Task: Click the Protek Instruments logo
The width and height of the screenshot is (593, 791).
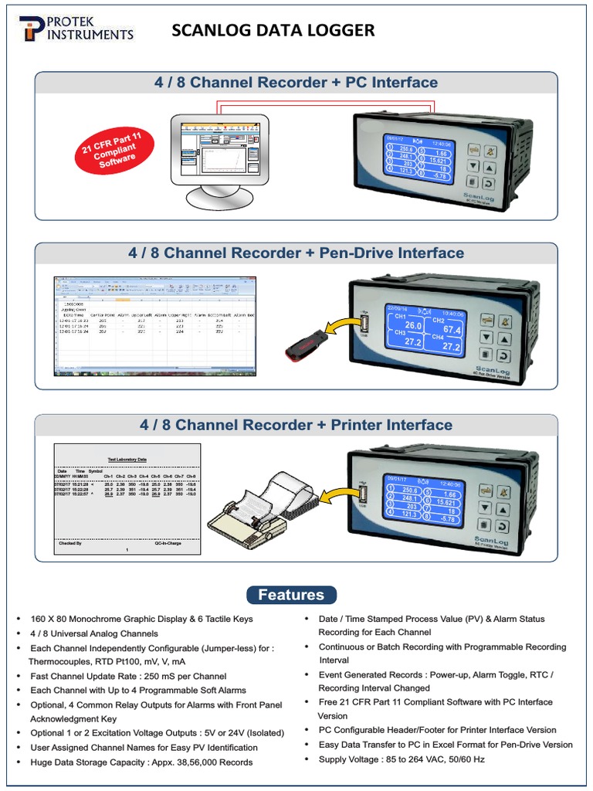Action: tap(75, 29)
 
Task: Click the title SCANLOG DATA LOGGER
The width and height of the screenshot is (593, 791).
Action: tap(273, 30)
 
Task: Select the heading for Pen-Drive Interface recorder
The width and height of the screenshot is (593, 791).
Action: tap(296, 253)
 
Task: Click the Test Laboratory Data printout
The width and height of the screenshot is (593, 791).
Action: tap(127, 500)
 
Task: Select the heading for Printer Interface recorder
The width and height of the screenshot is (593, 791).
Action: tap(296, 425)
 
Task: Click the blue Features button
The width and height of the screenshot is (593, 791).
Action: tap(291, 595)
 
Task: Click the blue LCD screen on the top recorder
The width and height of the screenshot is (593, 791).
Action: tap(420, 157)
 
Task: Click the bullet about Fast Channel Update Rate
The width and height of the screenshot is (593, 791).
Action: tap(128, 676)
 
